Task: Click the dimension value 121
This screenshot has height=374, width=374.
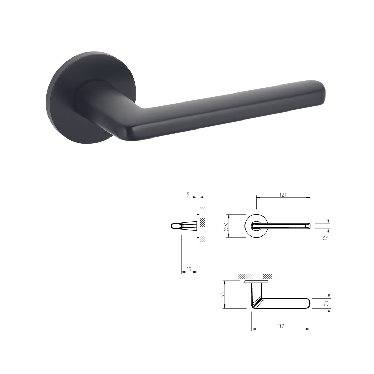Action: [283, 195]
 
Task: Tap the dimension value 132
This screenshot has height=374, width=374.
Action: [280, 326]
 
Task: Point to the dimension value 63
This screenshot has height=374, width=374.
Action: [223, 295]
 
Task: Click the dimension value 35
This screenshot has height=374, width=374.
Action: [189, 269]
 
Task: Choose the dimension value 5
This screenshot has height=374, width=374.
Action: [188, 195]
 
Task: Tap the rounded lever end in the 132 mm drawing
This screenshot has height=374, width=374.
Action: [306, 303]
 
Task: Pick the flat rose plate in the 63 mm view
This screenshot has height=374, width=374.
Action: [256, 282]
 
